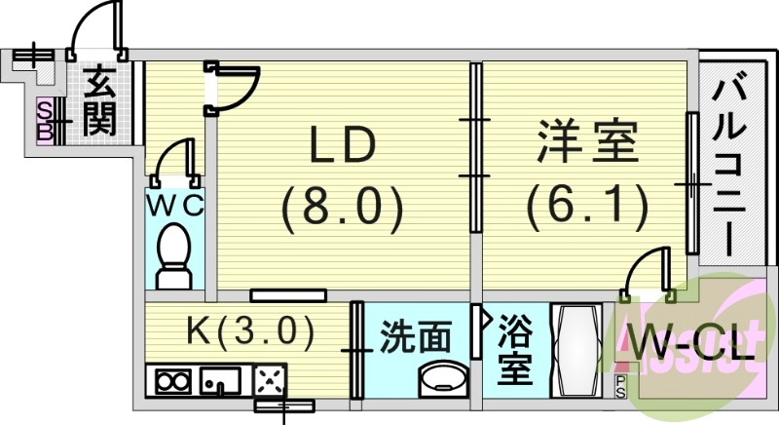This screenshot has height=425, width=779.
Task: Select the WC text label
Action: click(x=175, y=206)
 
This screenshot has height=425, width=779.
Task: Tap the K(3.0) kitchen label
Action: click(x=250, y=332)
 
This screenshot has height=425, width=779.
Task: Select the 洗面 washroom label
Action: click(x=416, y=337)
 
